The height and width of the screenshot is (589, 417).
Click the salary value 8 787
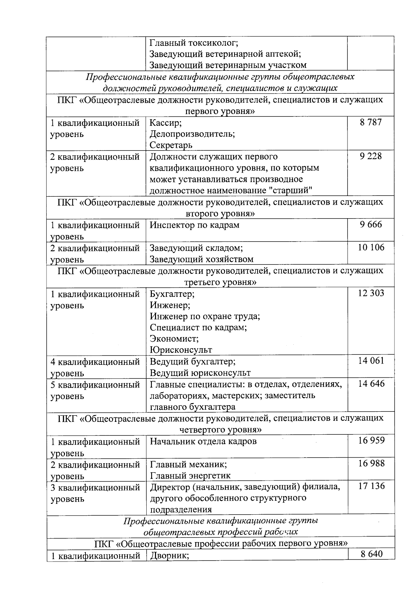click(371, 122)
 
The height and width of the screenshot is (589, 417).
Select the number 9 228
click(371, 156)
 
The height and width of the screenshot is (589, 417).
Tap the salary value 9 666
click(371, 224)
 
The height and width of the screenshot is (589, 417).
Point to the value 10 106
click(371, 247)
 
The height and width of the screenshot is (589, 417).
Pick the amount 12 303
click(371, 293)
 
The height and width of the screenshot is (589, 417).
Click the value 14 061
click(371, 361)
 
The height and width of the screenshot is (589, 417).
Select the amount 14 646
click(371, 384)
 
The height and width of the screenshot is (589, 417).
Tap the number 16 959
click(371, 440)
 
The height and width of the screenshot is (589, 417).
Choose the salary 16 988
click(371, 463)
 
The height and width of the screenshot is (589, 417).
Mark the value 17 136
click(371, 486)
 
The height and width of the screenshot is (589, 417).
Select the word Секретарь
click(171, 145)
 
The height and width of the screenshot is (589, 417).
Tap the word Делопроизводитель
click(192, 134)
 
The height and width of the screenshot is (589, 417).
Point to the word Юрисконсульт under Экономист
click(181, 350)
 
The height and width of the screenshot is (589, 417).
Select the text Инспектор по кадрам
click(195, 225)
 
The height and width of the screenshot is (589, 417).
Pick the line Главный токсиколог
click(194, 43)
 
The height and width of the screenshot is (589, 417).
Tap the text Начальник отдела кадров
click(203, 441)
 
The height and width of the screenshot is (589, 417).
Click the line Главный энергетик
click(190, 475)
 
